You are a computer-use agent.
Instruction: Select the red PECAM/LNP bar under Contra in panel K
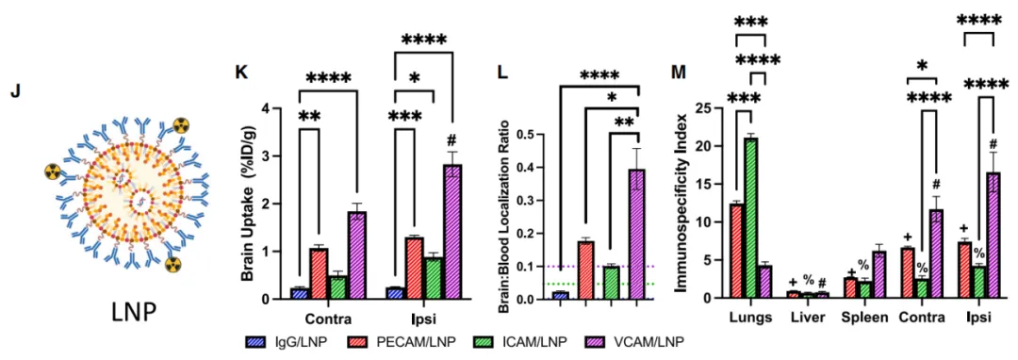point(319,273)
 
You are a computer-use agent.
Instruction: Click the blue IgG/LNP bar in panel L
point(560,296)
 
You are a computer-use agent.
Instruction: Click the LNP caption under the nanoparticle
point(133,313)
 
